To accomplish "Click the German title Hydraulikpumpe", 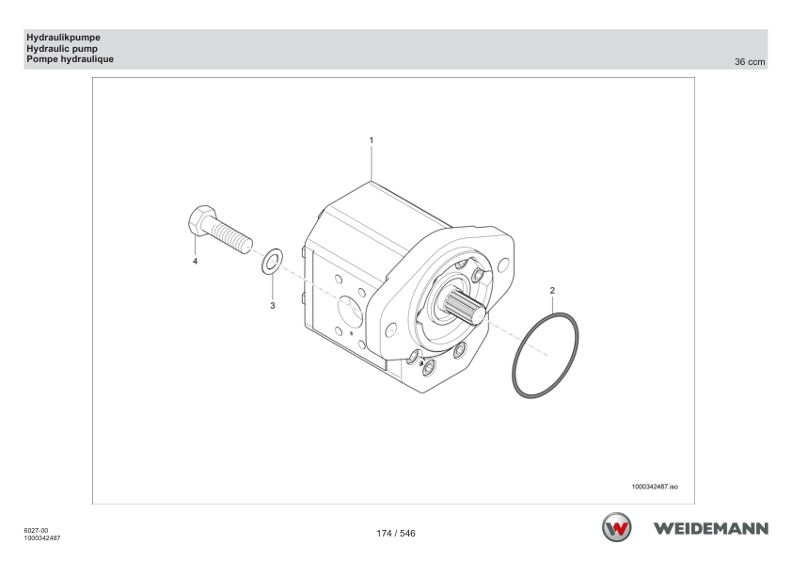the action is [63, 38].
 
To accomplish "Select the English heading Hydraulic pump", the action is [62, 49].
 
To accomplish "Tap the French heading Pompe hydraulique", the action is [71, 59].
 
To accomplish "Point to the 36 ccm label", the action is [750, 62].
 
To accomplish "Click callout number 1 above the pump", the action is [372, 140].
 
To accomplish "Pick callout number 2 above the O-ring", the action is [552, 291].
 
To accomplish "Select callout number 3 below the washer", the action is [272, 306].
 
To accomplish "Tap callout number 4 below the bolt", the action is [195, 262].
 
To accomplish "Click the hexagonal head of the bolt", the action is [201, 220].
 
